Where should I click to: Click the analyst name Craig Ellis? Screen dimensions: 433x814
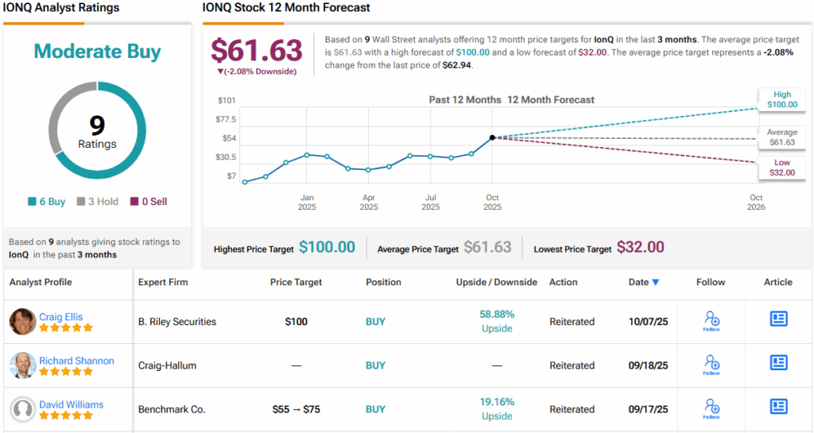60,317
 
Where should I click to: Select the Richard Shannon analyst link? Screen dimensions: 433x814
76,361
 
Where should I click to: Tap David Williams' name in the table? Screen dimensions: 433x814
72,404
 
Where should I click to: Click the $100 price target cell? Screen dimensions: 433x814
297,322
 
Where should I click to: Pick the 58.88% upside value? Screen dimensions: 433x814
497,314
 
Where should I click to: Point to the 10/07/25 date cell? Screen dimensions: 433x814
649,322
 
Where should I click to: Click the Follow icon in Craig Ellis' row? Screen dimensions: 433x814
711,320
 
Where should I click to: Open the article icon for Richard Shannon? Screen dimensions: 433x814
778,363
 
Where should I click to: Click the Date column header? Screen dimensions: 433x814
644,282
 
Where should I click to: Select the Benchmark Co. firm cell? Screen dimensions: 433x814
172,409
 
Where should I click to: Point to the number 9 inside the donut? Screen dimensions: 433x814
97,125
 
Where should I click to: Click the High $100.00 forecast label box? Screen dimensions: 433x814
781,99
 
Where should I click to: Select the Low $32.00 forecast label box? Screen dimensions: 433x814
781,168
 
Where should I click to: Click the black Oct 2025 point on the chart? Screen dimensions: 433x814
493,137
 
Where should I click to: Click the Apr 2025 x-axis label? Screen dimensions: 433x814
369,202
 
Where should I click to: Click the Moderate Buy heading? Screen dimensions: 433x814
97,52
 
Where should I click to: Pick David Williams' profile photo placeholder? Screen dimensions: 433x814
22,409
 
